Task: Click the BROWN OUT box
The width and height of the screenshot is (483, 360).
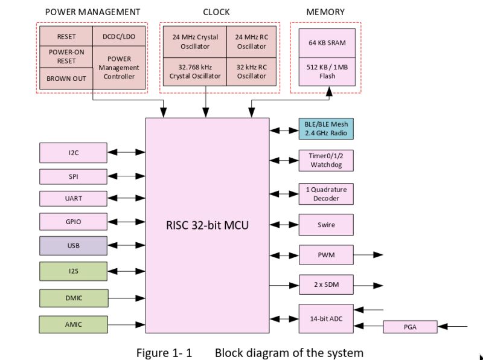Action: pos(66,78)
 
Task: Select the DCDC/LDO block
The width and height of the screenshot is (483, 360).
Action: pos(119,36)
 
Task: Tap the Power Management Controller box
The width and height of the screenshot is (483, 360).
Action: pos(119,68)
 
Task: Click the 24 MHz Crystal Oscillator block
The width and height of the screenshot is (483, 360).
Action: pos(195,42)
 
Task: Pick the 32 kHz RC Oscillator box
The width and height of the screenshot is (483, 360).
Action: pos(251,71)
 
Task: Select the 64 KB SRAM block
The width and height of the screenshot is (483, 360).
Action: pos(327,43)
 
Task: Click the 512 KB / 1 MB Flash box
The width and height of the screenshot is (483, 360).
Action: pos(327,71)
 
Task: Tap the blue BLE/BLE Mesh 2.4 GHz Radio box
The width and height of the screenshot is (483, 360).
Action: pos(326,129)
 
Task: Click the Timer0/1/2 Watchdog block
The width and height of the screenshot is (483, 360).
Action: pos(326,160)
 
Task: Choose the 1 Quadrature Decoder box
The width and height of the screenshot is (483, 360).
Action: pos(326,194)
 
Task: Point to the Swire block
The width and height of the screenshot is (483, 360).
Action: pos(326,225)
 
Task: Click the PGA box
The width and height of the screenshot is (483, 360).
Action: pos(410,327)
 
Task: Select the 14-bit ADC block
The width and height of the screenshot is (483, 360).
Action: pos(326,318)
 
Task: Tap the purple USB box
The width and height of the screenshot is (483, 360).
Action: pos(73,246)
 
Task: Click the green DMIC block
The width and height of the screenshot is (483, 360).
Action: pos(73,298)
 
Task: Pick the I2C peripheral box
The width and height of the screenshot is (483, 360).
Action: pos(73,153)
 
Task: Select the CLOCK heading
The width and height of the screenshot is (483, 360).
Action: pos(216,11)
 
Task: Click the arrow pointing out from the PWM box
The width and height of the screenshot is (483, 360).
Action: pos(368,255)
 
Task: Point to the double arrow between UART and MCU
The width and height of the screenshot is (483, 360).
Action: pos(126,199)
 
